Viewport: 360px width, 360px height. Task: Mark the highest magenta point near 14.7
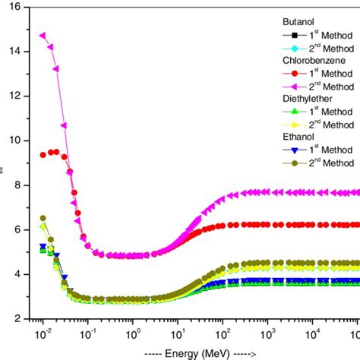pyautogui.click(x=43, y=36)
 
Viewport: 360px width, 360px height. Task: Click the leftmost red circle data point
pyautogui.click(x=43, y=155)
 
